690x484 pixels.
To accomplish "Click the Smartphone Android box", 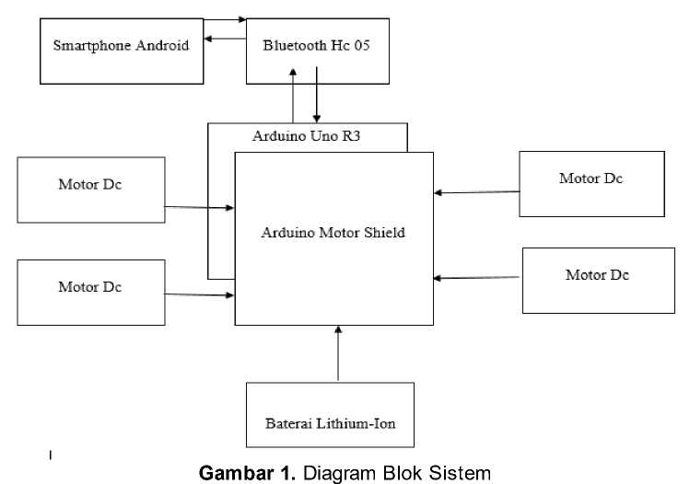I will [121, 51].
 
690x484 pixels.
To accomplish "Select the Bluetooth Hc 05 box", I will [318, 51].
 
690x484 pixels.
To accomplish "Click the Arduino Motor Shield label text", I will [333, 232].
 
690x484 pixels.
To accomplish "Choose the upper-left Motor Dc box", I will [91, 190].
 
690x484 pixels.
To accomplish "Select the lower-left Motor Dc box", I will [91, 292].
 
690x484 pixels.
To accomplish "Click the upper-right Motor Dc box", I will [591, 184].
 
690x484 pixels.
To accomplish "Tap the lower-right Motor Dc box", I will [598, 280].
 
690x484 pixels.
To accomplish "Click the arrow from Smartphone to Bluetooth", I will [225, 19].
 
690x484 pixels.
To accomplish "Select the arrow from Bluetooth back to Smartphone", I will [225, 39].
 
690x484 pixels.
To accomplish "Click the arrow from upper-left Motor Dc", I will [200, 208].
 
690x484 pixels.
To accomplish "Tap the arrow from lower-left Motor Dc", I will [200, 294].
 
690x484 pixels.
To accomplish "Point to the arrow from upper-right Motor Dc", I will [476, 192].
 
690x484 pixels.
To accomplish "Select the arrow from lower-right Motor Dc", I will [478, 277].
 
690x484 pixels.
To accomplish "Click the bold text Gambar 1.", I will [248, 473].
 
